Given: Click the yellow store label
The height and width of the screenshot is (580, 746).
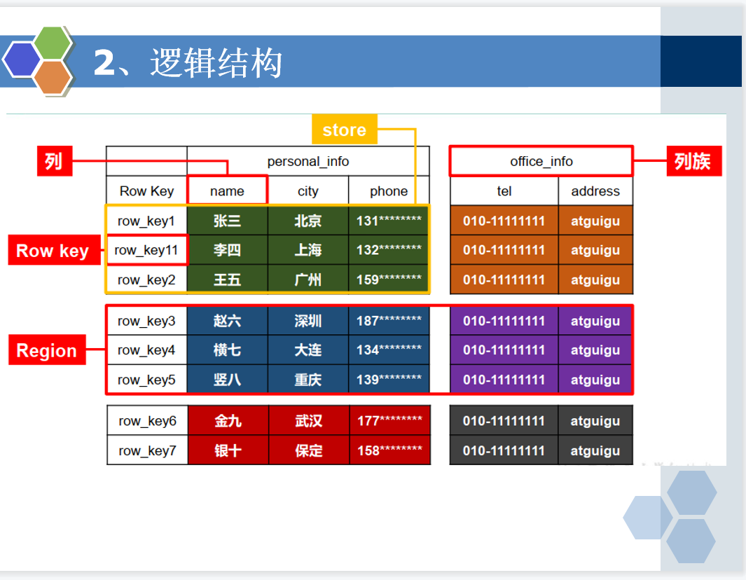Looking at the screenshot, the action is [345, 130].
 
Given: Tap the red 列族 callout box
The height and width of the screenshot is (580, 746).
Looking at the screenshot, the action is [693, 161].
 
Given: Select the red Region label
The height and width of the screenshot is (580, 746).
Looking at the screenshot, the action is [47, 350].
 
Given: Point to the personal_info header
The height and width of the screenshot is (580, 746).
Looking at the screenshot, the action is [308, 161].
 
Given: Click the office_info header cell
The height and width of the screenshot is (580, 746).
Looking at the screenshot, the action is [541, 161].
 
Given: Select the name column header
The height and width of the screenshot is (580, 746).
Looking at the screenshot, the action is [228, 191].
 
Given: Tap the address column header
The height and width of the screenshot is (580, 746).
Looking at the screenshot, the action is [595, 191].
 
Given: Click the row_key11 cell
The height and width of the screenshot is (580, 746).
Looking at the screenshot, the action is [146, 250].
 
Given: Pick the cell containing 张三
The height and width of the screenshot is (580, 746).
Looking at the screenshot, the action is [228, 221].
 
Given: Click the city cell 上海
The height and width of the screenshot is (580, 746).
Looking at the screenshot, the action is [308, 250].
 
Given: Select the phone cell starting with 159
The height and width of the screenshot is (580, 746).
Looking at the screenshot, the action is [389, 279].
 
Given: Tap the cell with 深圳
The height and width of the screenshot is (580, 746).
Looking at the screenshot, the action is [308, 321].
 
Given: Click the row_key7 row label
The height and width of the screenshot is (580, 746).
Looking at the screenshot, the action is [148, 450].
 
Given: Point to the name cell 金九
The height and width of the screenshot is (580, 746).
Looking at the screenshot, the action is [228, 420].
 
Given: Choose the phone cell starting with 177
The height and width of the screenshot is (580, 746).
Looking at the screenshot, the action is [389, 420].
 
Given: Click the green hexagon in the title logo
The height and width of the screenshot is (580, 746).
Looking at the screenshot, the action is [53, 43].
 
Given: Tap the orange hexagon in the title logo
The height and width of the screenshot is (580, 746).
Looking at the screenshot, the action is [53, 77].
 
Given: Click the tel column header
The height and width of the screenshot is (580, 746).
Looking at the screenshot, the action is [504, 191].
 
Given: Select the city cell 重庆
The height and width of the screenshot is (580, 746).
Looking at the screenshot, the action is [308, 379].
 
